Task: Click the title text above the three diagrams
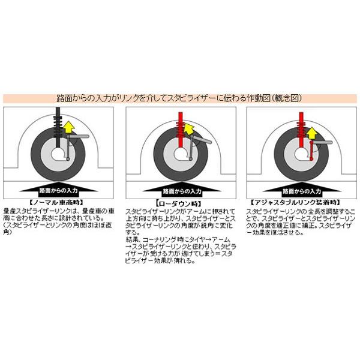[x=180, y=98]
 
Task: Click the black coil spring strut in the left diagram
[x=58, y=123]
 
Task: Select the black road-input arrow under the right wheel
[x=302, y=188]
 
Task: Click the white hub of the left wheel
[x=58, y=152]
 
